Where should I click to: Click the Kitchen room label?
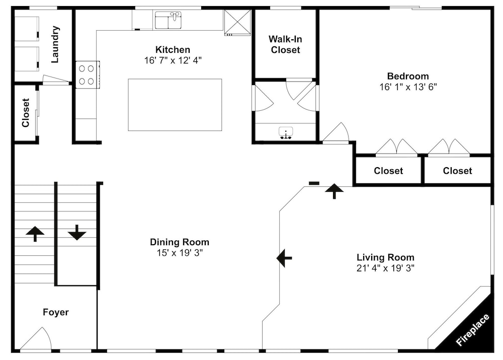(x=173, y=49)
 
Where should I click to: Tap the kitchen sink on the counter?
(x=169, y=21)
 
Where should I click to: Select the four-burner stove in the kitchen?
(x=88, y=75)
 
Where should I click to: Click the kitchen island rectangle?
(x=175, y=105)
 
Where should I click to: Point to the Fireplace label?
(x=472, y=330)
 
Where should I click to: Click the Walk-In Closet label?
(x=285, y=44)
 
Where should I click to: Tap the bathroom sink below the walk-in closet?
(x=286, y=133)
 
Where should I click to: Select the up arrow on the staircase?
(x=35, y=234)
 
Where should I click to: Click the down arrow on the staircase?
(x=77, y=233)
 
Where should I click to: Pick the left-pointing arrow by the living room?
(x=284, y=258)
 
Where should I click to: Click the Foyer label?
(x=56, y=312)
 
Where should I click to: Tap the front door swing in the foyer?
(x=36, y=338)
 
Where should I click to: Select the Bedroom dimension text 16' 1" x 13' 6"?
(x=408, y=87)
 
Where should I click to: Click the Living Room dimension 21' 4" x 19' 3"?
(x=385, y=268)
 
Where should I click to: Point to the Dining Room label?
(x=180, y=242)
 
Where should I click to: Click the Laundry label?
(x=55, y=44)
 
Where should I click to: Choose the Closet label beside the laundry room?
(x=26, y=113)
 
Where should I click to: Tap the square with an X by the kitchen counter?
(x=237, y=22)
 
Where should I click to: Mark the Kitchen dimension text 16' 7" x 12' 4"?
(x=173, y=60)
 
